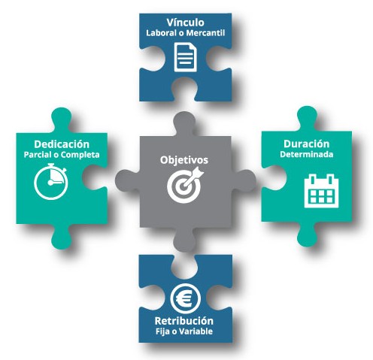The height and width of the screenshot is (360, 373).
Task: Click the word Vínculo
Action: pyautogui.click(x=185, y=23)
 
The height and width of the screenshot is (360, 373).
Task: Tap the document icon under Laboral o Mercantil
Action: pyautogui.click(x=186, y=57)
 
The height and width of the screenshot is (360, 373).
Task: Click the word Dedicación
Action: pyautogui.click(x=62, y=144)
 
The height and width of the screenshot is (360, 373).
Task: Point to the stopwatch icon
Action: pyautogui.click(x=51, y=182)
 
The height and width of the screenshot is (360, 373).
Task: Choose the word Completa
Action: pyautogui.click(x=80, y=155)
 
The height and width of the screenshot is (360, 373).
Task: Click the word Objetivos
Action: pyautogui.click(x=184, y=160)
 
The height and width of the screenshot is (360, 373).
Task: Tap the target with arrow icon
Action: pyautogui.click(x=186, y=186)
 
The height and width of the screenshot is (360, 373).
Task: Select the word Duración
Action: pyautogui.click(x=306, y=144)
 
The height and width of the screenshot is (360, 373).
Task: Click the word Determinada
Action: pyautogui.click(x=306, y=154)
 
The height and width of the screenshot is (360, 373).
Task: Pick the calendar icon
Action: pyautogui.click(x=321, y=191)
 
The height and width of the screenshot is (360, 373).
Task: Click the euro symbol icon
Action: pyautogui.click(x=185, y=298)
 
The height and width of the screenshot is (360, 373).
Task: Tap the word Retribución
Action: pyautogui.click(x=184, y=321)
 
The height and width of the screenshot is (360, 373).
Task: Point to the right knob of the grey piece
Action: pyautogui.click(x=244, y=181)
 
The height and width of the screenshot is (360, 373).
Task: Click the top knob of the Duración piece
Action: pyautogui.click(x=307, y=118)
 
